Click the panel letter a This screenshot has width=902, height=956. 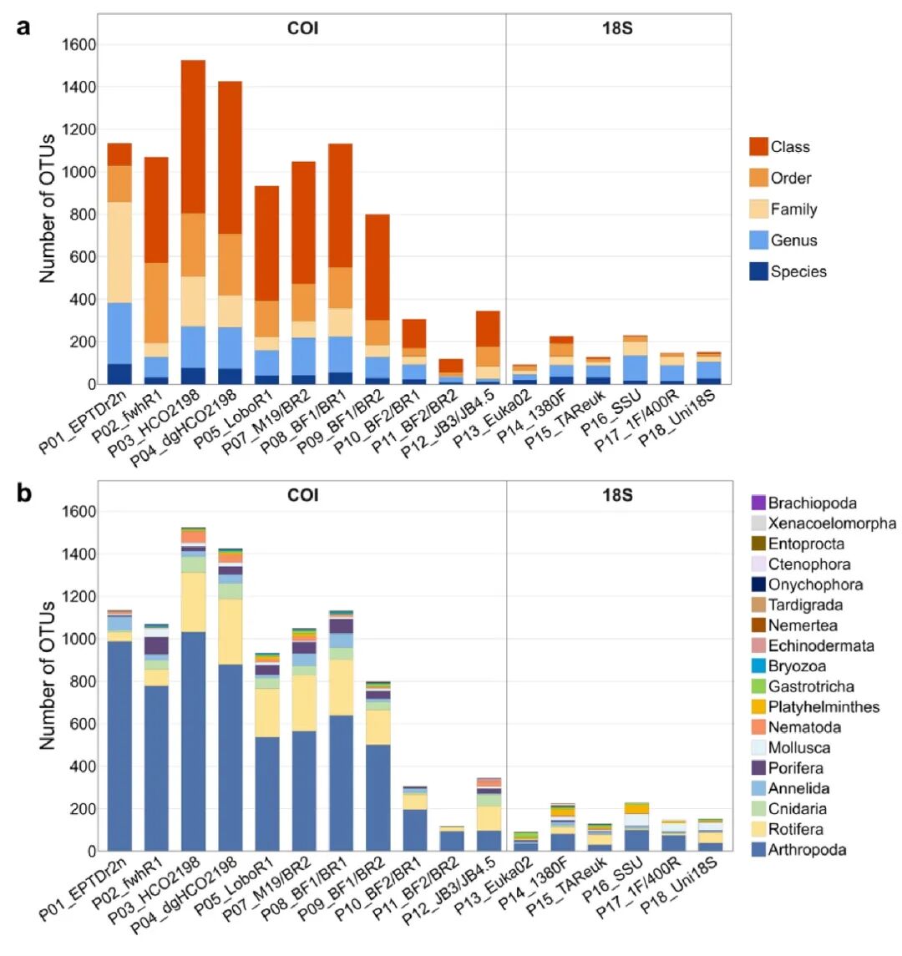[x=24, y=27]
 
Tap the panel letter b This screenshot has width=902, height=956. [x=24, y=494]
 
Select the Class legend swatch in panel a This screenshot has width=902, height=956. [x=758, y=147]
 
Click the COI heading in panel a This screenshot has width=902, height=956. [x=302, y=29]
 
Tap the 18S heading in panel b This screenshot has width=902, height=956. [x=617, y=496]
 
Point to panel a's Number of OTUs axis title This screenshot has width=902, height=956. [x=48, y=209]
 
